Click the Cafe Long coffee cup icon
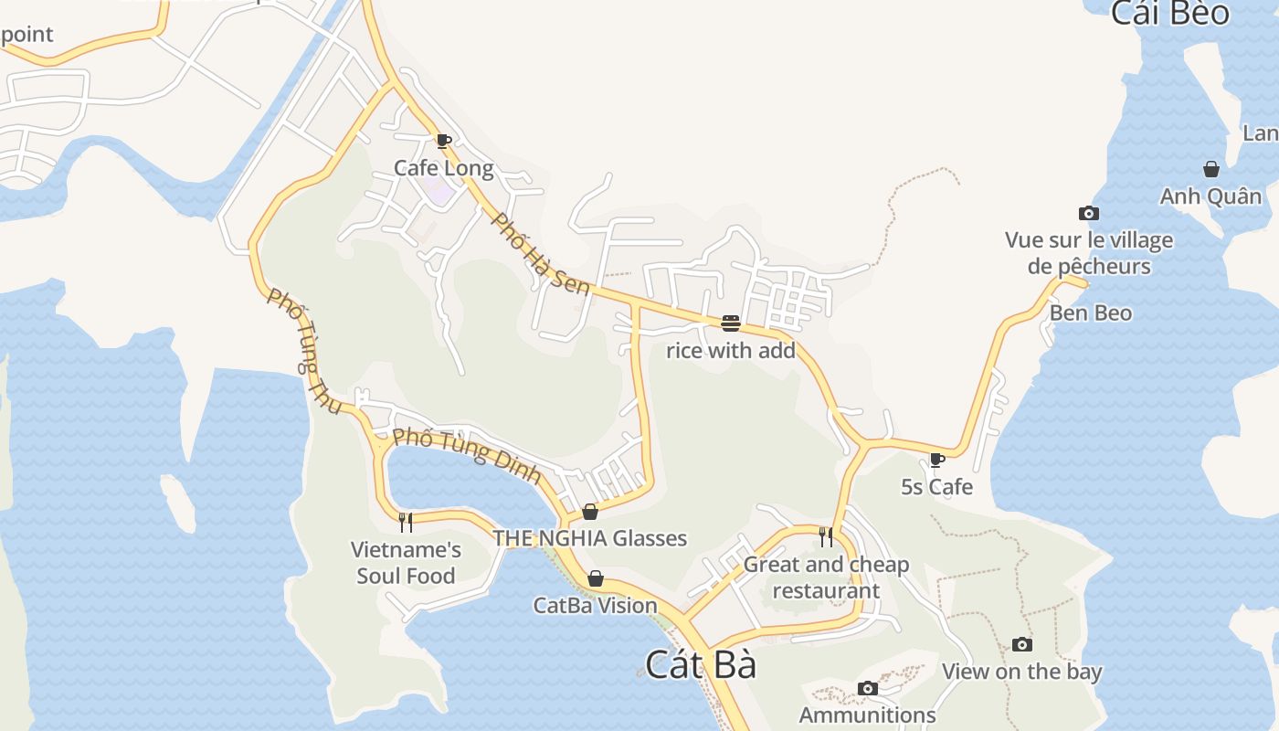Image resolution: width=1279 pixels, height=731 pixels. (443, 141)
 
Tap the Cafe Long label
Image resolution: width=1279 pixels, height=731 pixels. (443, 168)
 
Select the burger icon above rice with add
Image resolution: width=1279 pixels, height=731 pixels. (730, 323)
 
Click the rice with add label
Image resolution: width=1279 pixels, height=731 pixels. (730, 350)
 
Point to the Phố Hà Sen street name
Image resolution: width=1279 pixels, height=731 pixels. (541, 253)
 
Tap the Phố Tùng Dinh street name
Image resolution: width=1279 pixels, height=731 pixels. (467, 455)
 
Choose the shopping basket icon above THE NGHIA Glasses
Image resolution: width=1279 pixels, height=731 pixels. (590, 512)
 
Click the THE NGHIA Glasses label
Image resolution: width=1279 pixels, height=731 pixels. (590, 538)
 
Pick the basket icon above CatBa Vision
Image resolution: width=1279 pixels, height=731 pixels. (596, 578)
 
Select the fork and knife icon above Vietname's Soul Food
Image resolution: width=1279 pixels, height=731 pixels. (406, 523)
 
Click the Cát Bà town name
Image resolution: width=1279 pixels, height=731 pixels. (701, 664)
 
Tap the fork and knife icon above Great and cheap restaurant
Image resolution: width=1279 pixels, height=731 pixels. (826, 536)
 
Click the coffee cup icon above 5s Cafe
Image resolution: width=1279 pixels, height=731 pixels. (936, 460)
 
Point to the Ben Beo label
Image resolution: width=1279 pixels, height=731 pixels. (1090, 313)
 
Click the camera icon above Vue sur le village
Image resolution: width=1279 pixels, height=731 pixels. (1089, 214)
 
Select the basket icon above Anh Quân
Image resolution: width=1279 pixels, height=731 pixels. (1211, 169)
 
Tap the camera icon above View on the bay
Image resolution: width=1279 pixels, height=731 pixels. (1022, 645)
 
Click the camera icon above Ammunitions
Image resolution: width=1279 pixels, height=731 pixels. (868, 688)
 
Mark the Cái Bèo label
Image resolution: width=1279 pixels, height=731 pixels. (1170, 14)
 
